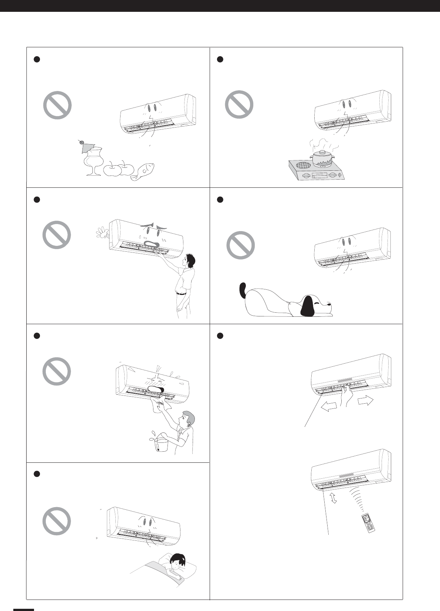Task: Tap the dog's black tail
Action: pos(243,290)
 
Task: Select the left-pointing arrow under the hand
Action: pos(329,407)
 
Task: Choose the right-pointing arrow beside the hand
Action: pos(365,401)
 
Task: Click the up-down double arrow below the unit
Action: pos(334,498)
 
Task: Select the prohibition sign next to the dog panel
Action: pos(240,245)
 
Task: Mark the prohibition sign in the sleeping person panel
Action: pos(57,521)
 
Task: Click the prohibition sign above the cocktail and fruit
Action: pos(57,105)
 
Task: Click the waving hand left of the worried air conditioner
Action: pos(100,233)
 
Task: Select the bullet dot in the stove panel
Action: pos(220,59)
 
